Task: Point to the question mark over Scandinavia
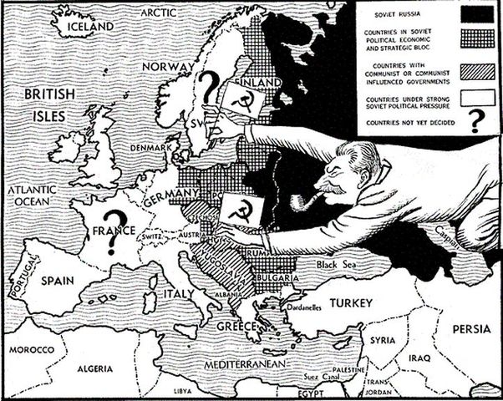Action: tap(211, 83)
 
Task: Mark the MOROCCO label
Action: tap(30, 348)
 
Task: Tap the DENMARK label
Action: tap(150, 148)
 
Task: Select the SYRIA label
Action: tap(383, 341)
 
